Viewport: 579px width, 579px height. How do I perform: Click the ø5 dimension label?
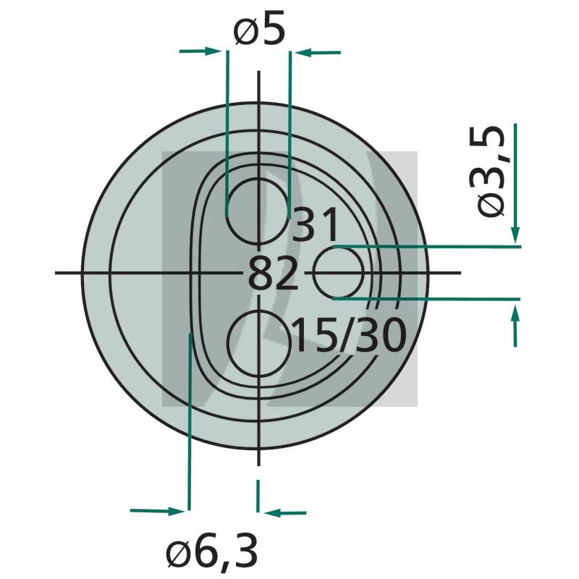point(260,28)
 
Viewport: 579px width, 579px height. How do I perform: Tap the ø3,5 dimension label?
point(491,171)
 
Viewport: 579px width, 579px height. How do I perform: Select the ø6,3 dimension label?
point(211,552)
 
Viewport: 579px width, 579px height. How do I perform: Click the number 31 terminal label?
point(315,224)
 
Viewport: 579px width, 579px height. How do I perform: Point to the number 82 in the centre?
point(273,274)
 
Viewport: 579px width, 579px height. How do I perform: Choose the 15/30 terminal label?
point(350,335)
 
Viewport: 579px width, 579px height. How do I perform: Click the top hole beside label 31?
point(258,211)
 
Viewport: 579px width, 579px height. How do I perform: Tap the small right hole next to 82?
point(339,273)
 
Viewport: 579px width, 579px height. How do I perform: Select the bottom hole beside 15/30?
point(258,344)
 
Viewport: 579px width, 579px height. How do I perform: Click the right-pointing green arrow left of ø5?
point(200,51)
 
